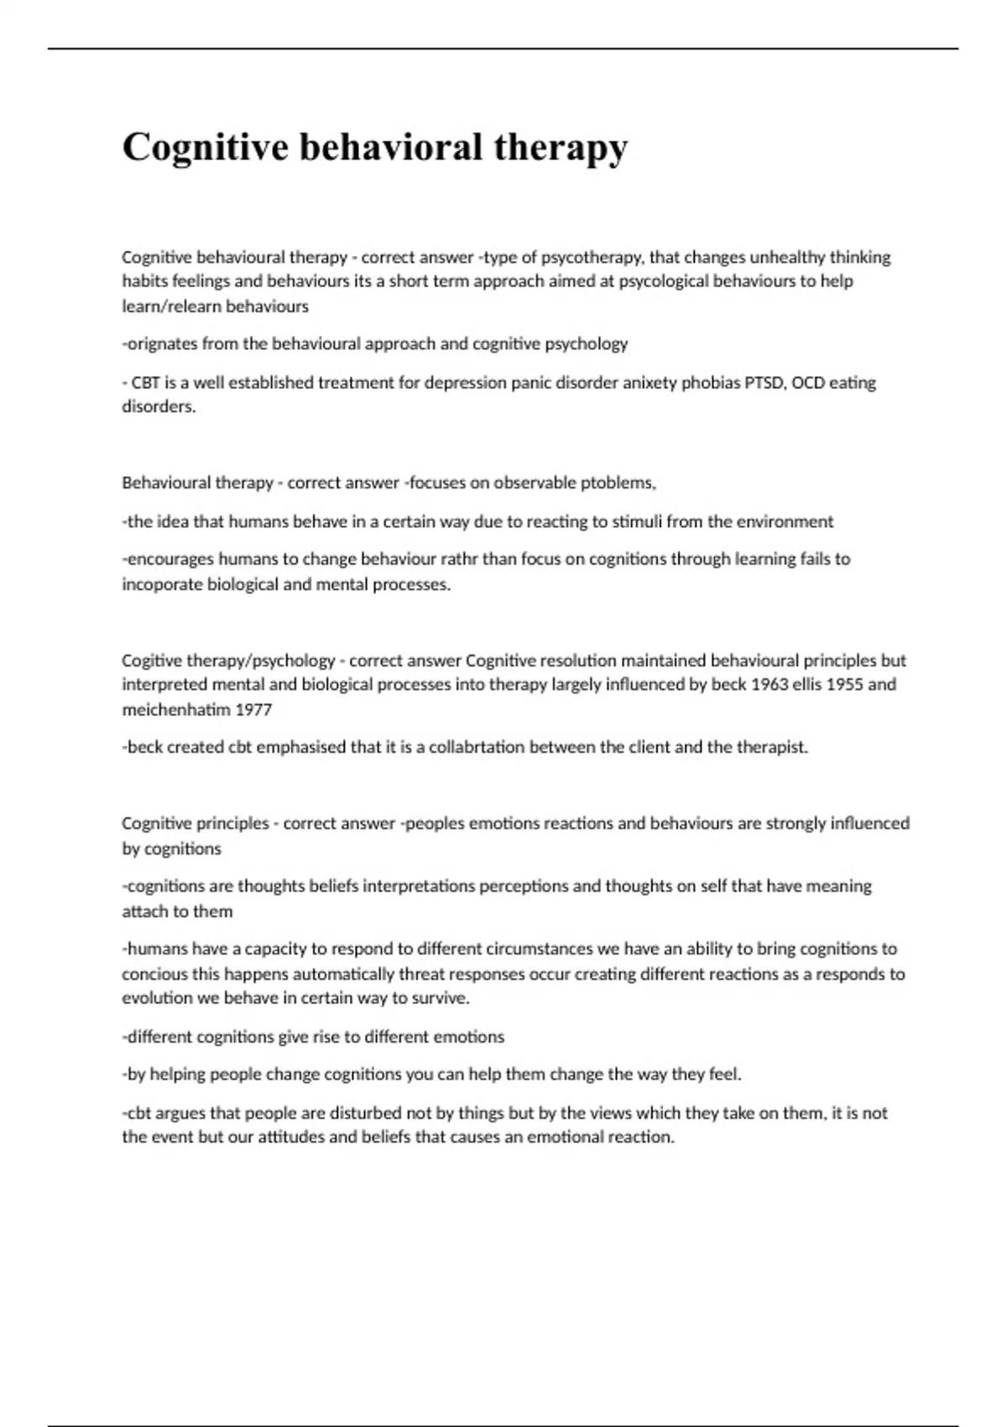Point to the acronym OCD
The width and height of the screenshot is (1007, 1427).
click(808, 383)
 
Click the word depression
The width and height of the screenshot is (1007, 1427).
click(462, 383)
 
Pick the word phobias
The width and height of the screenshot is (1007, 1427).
click(712, 383)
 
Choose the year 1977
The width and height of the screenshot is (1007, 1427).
click(253, 709)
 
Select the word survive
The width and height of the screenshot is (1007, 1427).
click(441, 998)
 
